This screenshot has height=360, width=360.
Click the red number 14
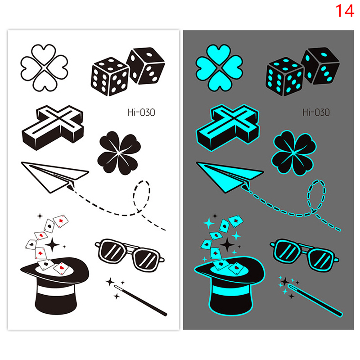(345, 11)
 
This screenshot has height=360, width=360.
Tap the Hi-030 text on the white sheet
(141, 112)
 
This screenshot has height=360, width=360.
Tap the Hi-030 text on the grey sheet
(316, 112)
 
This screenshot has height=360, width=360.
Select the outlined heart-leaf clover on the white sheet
(44, 68)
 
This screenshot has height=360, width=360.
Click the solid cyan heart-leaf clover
(219, 68)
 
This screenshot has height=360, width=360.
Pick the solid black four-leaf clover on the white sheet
(119, 153)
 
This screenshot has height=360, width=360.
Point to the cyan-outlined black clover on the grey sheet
(294, 153)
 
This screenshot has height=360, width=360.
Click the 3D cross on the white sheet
(53, 128)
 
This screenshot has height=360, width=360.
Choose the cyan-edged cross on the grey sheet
(228, 128)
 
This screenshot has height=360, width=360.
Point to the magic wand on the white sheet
(140, 300)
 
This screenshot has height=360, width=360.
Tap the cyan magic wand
(315, 301)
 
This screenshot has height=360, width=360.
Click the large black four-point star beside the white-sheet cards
(52, 245)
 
